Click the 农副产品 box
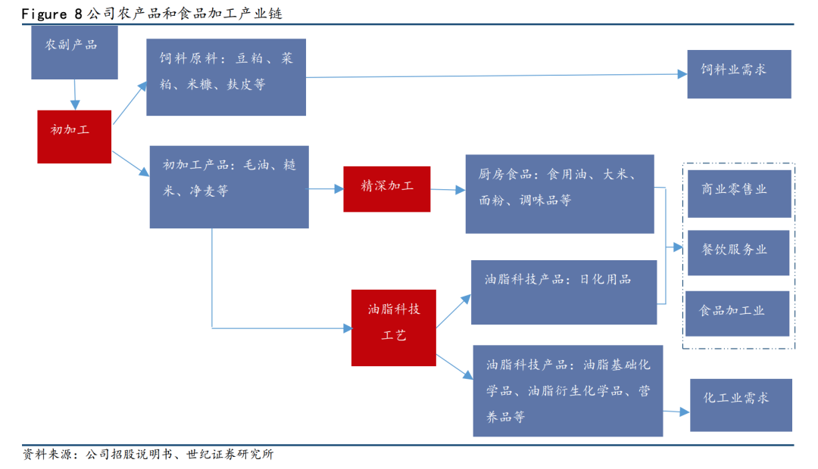[x=74, y=52]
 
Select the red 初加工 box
[x=74, y=136]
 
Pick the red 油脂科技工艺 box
[x=393, y=328]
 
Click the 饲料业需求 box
[x=738, y=74]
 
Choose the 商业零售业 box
[x=737, y=194]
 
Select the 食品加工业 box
[x=737, y=313]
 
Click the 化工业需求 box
[x=740, y=405]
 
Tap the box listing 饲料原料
[x=226, y=77]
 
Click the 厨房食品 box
[x=560, y=194]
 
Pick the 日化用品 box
[x=563, y=292]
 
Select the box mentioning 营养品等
[x=567, y=390]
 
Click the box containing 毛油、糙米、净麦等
[x=229, y=187]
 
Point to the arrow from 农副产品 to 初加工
[x=74, y=95]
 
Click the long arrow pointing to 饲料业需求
[x=492, y=75]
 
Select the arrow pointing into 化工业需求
[x=676, y=412]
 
